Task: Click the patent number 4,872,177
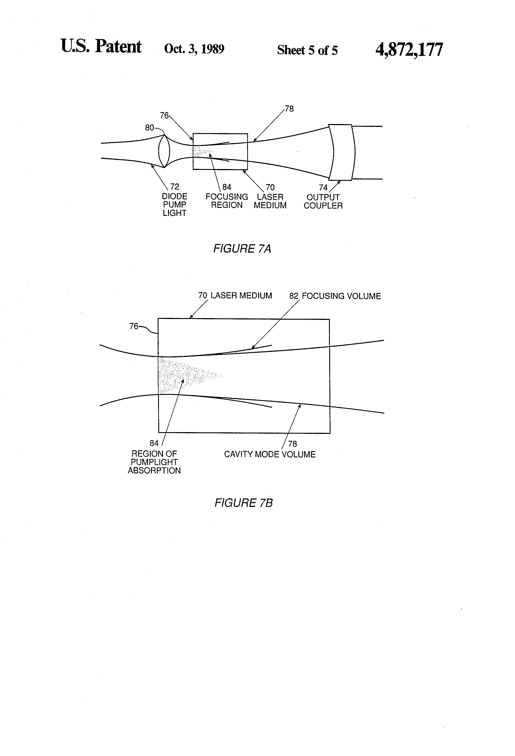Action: (409, 50)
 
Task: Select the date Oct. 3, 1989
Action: (194, 49)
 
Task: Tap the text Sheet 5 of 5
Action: (307, 50)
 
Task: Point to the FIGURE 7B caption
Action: (243, 503)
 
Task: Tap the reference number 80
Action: (149, 128)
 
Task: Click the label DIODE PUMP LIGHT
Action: (174, 205)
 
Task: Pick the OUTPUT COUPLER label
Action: (323, 201)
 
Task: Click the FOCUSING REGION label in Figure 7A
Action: (227, 201)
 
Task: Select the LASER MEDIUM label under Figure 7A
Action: (270, 201)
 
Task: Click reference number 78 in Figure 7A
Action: (289, 109)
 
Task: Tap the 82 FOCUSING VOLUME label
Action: (335, 296)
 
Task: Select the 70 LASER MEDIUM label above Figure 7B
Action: (235, 295)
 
